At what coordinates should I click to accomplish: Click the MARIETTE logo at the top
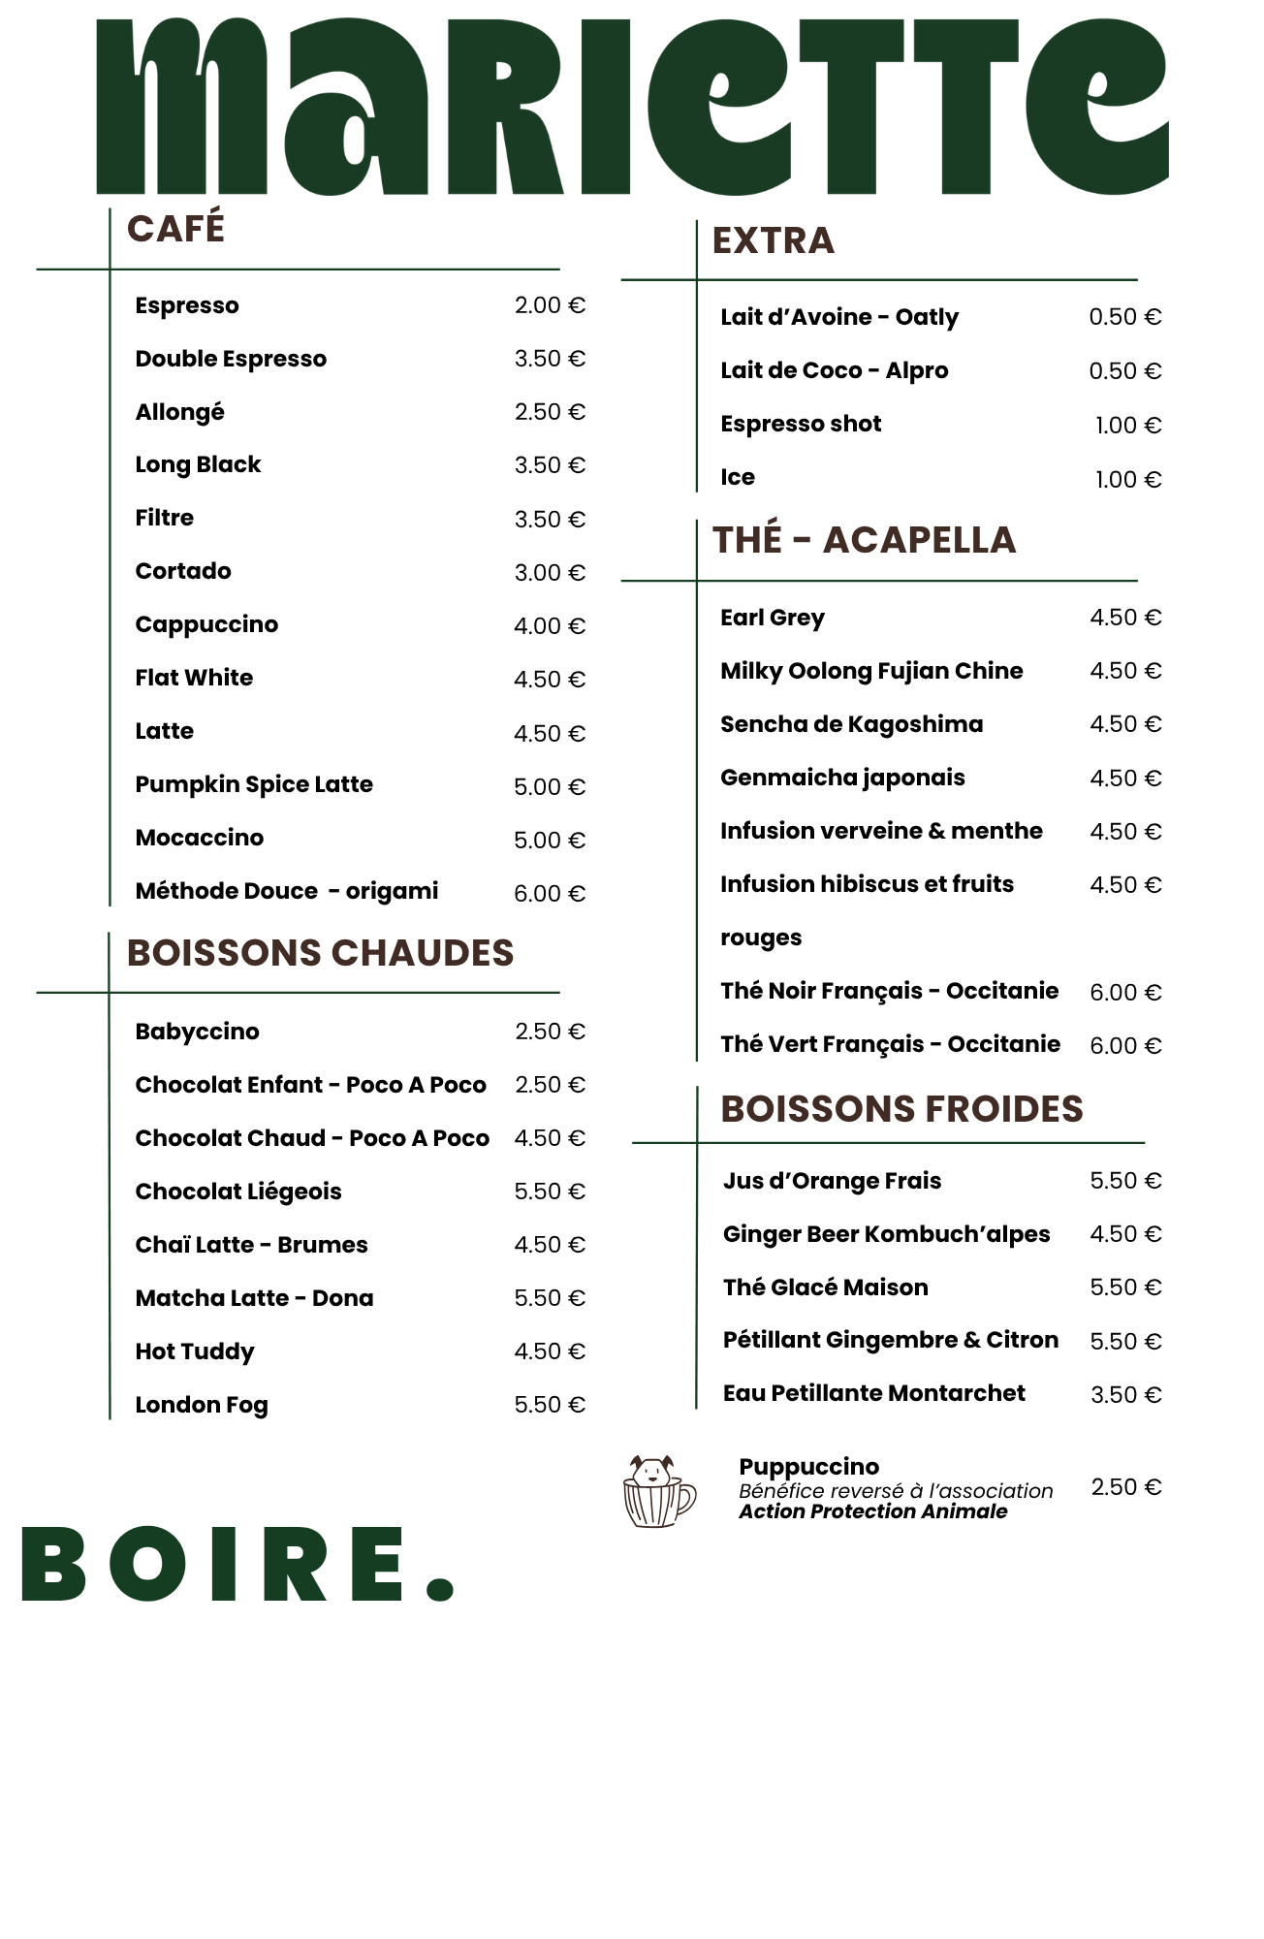tap(632, 107)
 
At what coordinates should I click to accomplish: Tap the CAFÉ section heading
tap(175, 229)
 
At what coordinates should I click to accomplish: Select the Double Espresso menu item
tap(231, 359)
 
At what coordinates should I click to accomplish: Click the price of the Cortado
tap(550, 573)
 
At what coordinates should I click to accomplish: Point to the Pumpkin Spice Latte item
tap(254, 784)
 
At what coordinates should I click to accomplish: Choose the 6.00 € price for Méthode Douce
tap(550, 894)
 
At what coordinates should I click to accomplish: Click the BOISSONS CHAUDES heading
tap(320, 953)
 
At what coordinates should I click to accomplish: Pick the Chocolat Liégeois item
tap(238, 1192)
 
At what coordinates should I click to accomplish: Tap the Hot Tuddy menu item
tap(195, 1351)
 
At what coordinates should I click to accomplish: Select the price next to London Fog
tap(550, 1405)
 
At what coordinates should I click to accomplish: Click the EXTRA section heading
tap(773, 240)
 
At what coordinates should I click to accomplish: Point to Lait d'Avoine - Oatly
tap(839, 317)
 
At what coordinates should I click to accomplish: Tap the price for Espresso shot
tap(1127, 426)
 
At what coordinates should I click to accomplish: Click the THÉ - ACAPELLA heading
tap(864, 540)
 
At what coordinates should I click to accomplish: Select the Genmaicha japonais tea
tap(842, 778)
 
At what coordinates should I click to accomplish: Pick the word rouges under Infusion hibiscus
tap(761, 938)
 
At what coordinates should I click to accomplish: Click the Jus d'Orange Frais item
tap(832, 1181)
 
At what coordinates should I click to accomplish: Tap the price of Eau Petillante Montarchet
tap(1125, 1395)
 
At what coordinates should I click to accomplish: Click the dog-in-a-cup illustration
tap(658, 1491)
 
